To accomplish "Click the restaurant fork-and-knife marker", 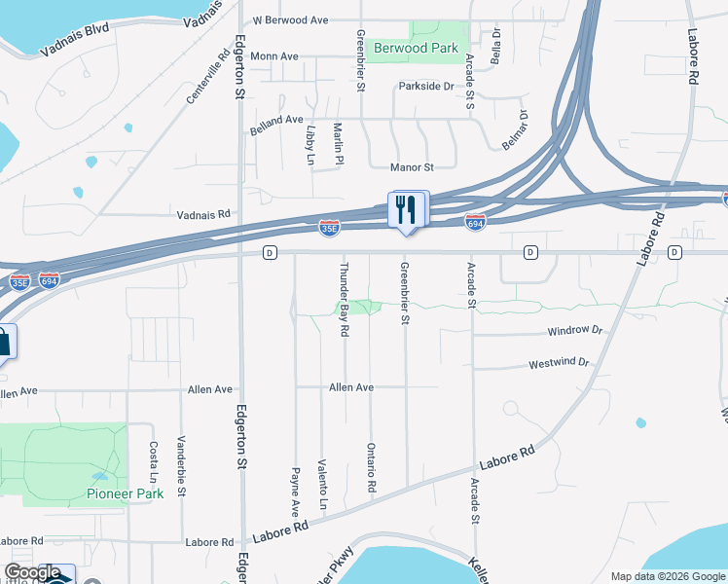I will click(408, 210).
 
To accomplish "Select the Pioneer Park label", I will click(125, 493).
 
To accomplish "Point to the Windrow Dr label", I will click(575, 331).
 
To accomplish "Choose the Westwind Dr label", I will click(559, 364).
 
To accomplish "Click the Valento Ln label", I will click(322, 481).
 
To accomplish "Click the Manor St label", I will click(411, 167).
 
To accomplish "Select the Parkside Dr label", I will click(426, 87).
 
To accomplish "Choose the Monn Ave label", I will click(274, 56).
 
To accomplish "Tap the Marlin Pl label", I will click(340, 143).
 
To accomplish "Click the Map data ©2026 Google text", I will click(668, 576).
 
